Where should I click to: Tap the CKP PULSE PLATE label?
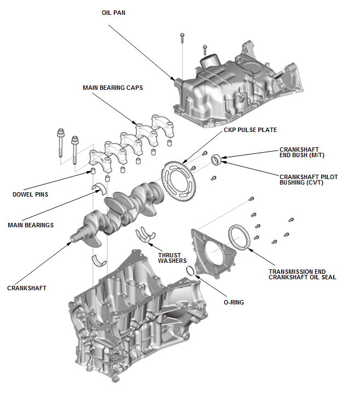[x=250, y=130]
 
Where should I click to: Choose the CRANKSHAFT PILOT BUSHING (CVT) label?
[x=306, y=179]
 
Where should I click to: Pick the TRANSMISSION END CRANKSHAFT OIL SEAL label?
[x=302, y=274]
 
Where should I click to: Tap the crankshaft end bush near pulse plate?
[x=217, y=159]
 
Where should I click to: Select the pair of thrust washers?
[x=144, y=234]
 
